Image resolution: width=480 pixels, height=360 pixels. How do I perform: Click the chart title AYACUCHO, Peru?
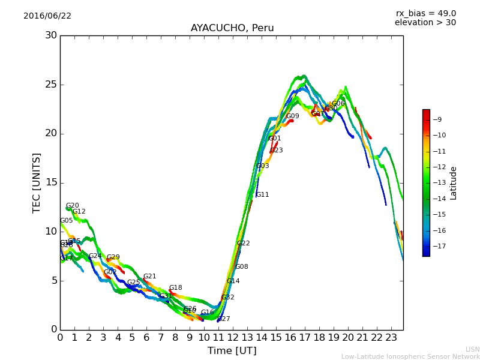tap(232, 28)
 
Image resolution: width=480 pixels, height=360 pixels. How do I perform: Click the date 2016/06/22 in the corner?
tap(47, 16)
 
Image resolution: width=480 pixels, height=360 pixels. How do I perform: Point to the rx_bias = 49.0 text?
tap(425, 13)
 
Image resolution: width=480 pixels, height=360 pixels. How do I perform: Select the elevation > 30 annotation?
tap(425, 23)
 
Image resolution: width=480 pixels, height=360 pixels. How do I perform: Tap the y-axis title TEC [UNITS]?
tap(37, 182)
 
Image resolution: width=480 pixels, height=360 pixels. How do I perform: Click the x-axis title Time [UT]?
tap(232, 350)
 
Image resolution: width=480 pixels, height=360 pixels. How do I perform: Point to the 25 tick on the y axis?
tap(51, 85)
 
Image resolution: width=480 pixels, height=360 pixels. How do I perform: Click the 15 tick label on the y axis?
tap(51, 182)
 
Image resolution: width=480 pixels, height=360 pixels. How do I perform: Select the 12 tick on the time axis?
tap(233, 337)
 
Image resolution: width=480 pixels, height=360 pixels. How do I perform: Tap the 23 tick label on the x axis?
tap(391, 337)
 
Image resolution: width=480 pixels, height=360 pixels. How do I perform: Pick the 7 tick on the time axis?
tap(161, 337)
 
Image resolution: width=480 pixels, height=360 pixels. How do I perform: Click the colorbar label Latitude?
tap(453, 182)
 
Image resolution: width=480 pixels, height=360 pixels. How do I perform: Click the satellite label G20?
tap(72, 206)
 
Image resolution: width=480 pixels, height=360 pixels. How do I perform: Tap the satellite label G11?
tap(262, 195)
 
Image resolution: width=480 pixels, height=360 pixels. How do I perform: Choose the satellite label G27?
tap(223, 319)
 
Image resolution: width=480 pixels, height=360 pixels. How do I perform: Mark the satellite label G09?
tap(292, 116)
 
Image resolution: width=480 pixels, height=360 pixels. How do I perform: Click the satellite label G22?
tap(243, 244)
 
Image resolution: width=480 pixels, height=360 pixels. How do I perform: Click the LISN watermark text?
tap(472, 349)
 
